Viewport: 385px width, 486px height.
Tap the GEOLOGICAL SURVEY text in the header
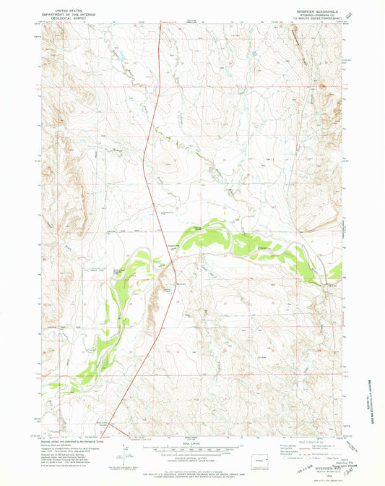(x=61, y=17)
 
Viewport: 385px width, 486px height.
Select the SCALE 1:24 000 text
(x=192, y=444)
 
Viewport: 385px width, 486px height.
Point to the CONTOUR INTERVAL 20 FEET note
(x=192, y=464)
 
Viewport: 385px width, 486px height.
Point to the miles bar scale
(x=192, y=450)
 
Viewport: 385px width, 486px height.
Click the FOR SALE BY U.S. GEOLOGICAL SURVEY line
(x=192, y=475)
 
